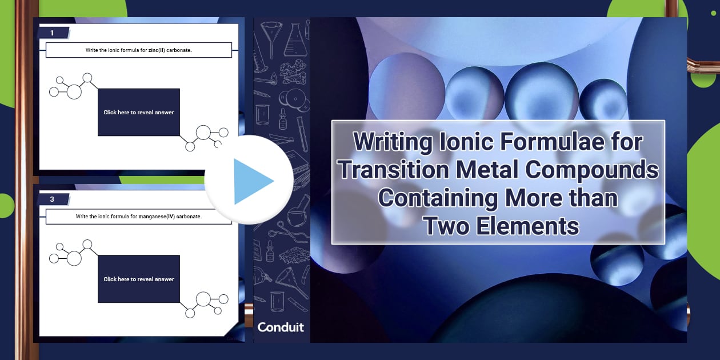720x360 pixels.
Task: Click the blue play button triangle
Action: pos(251,181)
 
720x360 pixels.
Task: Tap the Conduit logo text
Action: pos(281,327)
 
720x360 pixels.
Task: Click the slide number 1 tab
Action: pos(53,33)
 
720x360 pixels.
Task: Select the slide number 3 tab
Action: pos(53,199)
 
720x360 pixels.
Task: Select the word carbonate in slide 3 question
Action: pos(189,217)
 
